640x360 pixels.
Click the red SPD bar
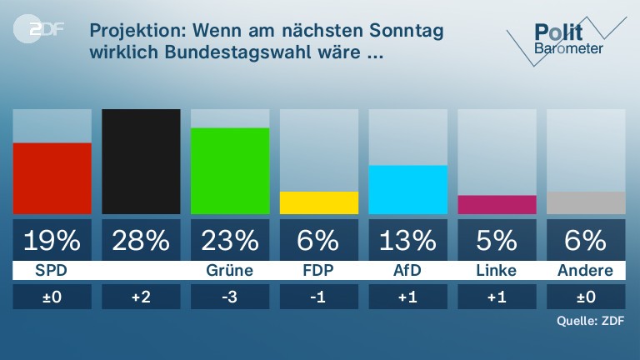coord(52,178)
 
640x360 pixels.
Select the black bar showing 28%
coord(141,162)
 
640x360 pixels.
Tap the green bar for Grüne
coord(230,171)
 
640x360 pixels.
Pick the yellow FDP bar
coord(319,202)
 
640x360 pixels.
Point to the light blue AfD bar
coord(408,189)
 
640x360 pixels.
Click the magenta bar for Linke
coord(497,204)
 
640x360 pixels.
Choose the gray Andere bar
coord(586,202)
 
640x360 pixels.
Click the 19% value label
coord(52,241)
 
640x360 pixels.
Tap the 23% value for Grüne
coord(230,241)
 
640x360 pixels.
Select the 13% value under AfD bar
coord(408,241)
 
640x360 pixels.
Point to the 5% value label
coord(497,241)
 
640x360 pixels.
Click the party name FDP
coord(319,271)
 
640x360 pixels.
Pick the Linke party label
coord(497,271)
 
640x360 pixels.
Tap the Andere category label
coord(586,271)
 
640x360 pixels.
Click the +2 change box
coord(141,297)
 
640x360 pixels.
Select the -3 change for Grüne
coord(230,297)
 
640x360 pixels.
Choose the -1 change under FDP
coord(319,297)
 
